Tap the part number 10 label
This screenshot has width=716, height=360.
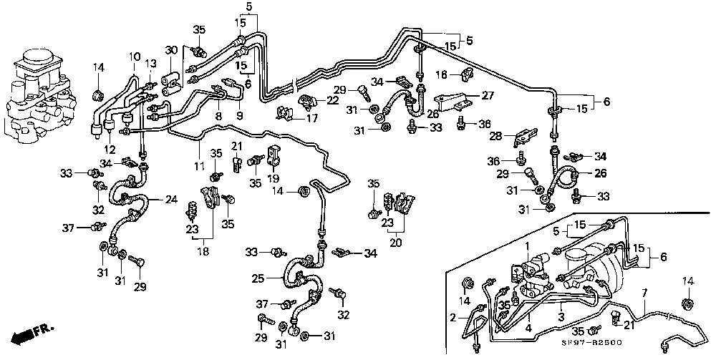pyautogui.click(x=135, y=57)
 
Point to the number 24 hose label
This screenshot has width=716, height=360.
pyautogui.click(x=171, y=200)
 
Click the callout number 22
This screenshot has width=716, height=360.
pyautogui.click(x=333, y=100)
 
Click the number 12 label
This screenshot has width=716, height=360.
pyautogui.click(x=110, y=150)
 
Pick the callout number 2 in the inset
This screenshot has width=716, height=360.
pyautogui.click(x=453, y=317)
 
